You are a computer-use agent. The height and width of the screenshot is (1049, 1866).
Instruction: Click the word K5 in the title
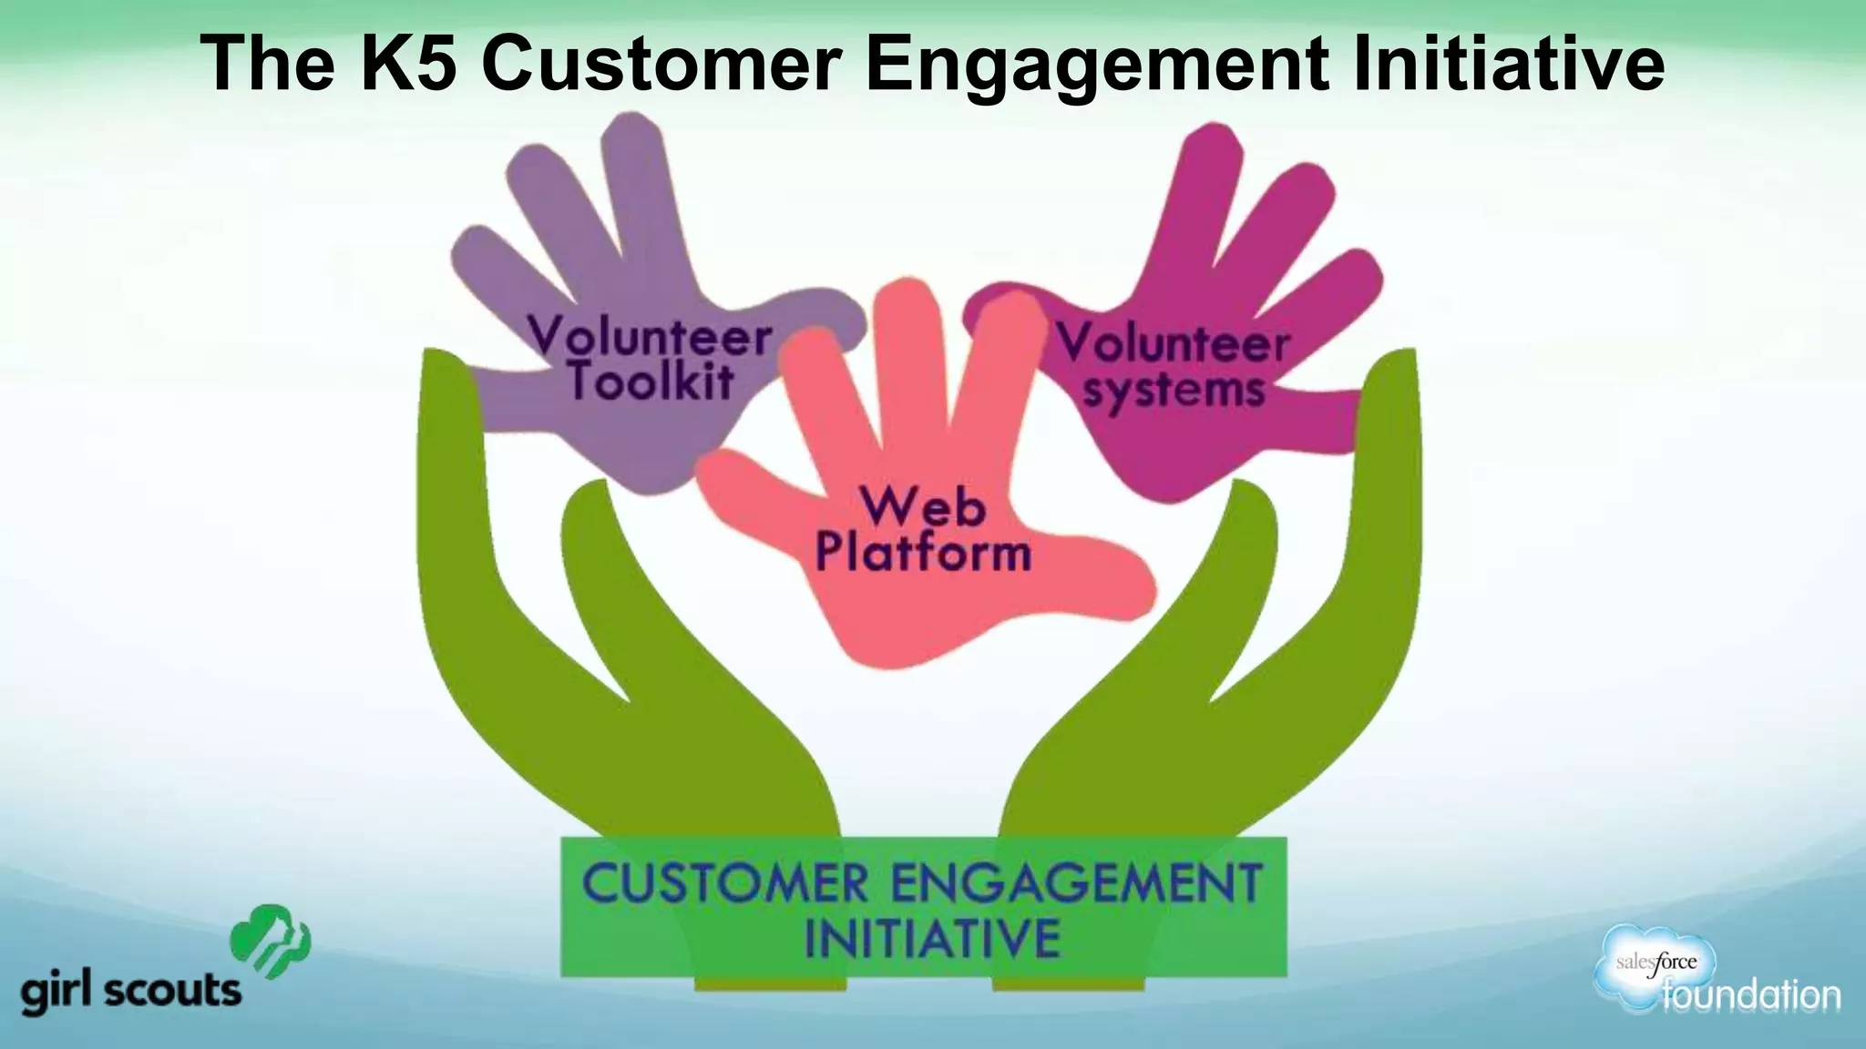(408, 64)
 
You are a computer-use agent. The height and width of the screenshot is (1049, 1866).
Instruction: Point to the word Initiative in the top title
(1508, 64)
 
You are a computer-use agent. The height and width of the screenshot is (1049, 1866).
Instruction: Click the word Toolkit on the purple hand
(651, 381)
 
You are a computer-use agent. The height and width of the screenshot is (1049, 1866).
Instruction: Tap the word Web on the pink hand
(922, 506)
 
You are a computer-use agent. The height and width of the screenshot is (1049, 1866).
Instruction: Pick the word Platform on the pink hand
(922, 553)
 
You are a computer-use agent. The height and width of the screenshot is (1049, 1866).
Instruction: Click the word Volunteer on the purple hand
(650, 335)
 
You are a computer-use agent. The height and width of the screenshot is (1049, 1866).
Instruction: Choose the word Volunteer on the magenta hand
(1174, 344)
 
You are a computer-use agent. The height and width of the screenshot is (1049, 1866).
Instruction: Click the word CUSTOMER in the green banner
(724, 883)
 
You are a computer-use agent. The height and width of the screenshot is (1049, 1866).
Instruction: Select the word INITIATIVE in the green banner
(932, 938)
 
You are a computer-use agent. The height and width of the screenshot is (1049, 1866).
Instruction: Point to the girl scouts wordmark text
(131, 992)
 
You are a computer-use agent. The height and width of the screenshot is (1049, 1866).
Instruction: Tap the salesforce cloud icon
(1654, 965)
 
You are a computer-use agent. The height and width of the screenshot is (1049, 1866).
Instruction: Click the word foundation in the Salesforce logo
(1750, 995)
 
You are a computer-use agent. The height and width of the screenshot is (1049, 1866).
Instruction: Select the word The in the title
(267, 64)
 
